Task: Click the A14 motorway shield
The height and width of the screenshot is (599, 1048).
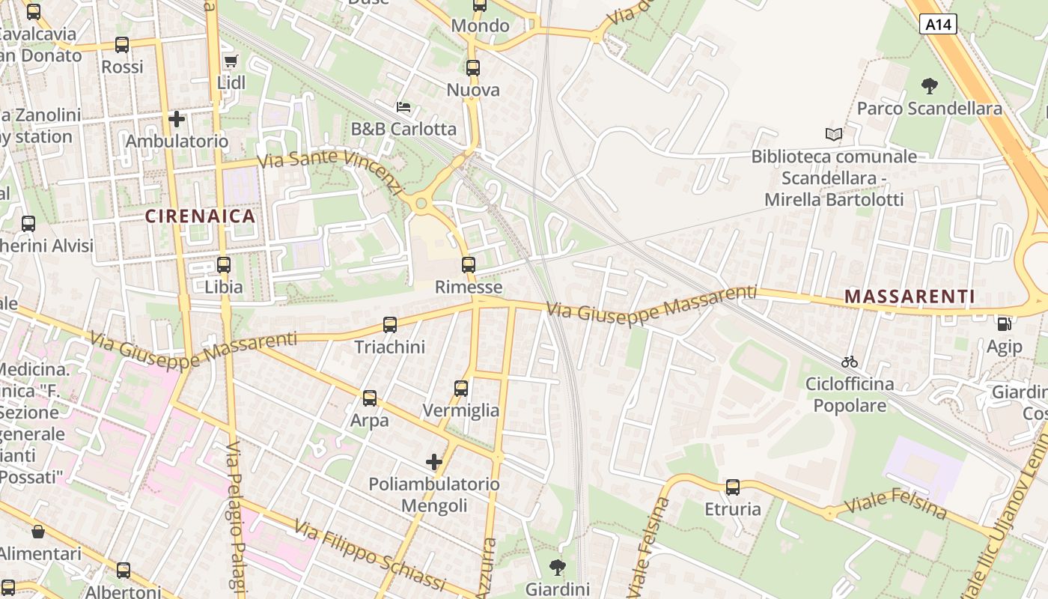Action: [x=938, y=25]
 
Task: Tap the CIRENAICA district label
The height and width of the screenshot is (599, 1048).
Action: [x=200, y=216]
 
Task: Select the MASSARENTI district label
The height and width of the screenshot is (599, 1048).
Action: [x=910, y=297]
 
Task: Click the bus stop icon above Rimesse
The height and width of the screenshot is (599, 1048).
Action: [x=469, y=264]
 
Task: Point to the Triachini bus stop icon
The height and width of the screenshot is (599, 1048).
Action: [x=390, y=325]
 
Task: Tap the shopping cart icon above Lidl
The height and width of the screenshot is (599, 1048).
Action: [x=231, y=61]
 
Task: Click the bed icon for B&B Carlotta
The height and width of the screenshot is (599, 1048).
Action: [x=403, y=107]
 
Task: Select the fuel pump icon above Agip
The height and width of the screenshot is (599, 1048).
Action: [x=1004, y=324]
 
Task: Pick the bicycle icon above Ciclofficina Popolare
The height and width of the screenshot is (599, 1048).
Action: [x=849, y=362]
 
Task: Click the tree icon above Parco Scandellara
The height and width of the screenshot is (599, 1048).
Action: [x=929, y=86]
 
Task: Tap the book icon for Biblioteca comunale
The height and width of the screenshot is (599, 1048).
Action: [x=833, y=135]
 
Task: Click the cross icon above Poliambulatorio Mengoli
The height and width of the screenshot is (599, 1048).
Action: [x=433, y=461]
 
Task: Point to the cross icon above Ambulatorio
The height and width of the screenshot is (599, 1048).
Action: [x=177, y=119]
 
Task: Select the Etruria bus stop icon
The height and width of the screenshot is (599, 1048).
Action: [x=733, y=487]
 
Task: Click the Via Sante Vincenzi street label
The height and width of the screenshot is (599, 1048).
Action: [x=329, y=169]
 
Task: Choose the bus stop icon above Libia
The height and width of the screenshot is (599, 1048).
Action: [x=224, y=264]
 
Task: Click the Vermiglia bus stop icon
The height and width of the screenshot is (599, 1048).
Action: [x=461, y=388]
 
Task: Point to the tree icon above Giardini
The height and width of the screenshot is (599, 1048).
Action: [x=558, y=567]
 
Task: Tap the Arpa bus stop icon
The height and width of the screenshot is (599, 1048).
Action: [x=370, y=398]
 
